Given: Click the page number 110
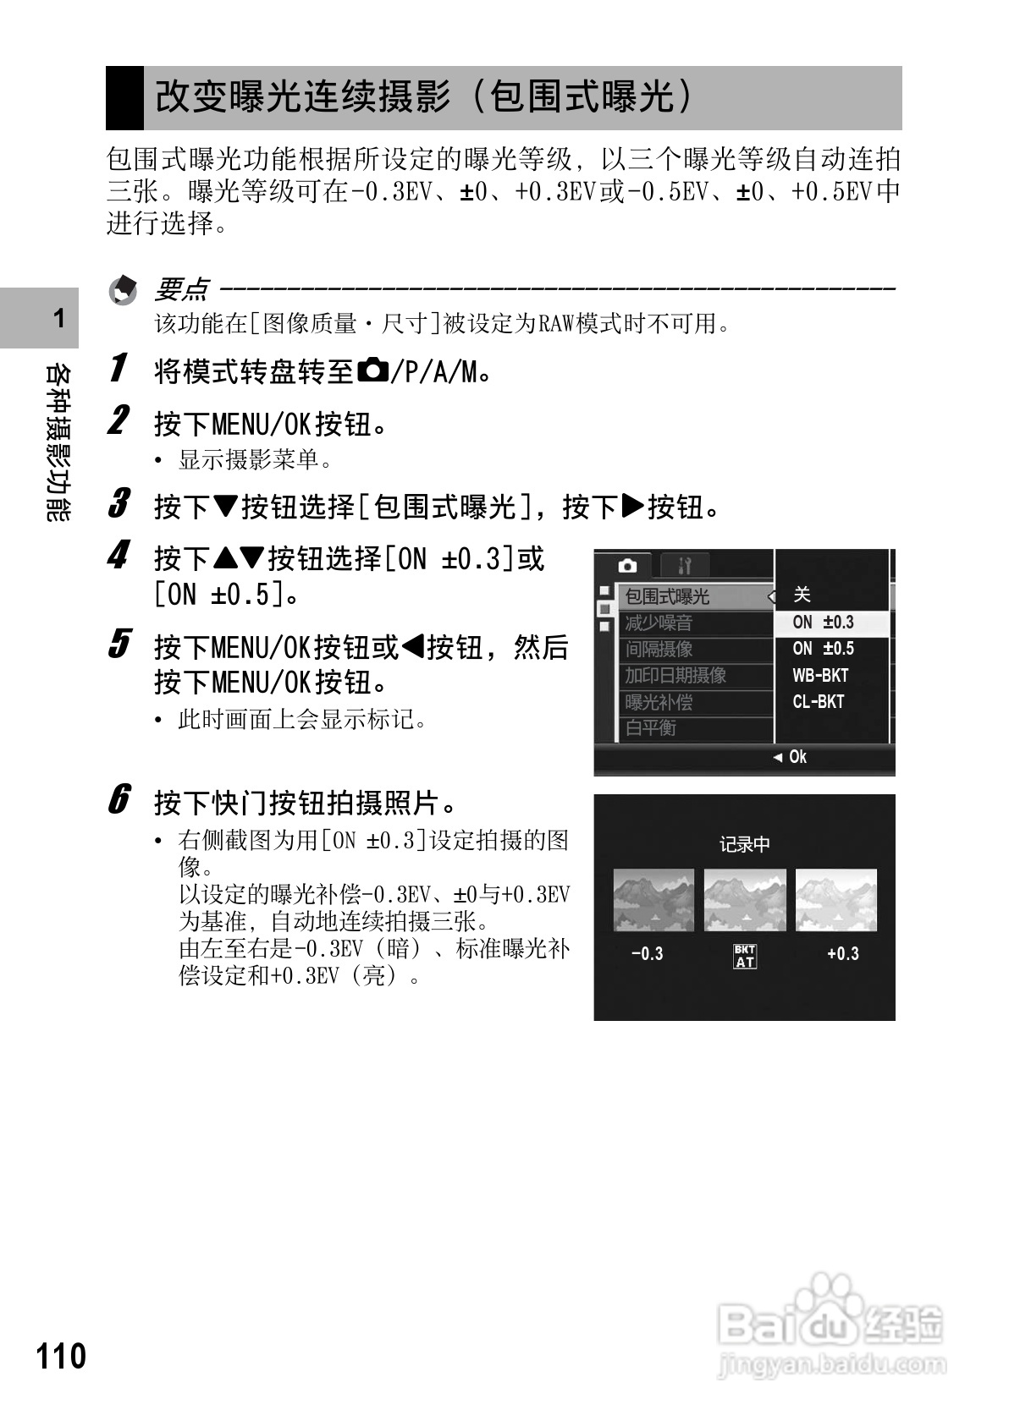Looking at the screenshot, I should click(61, 1356).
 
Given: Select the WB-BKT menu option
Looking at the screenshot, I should click(819, 676).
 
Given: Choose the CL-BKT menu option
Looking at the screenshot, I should click(818, 702).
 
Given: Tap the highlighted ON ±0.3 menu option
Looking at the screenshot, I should click(823, 623).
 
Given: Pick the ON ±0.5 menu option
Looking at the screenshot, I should click(823, 650).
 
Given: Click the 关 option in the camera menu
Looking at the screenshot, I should click(802, 595).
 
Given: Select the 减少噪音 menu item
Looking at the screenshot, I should click(659, 623).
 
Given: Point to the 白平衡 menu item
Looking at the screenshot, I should click(650, 728).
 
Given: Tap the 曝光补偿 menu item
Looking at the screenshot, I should click(659, 702).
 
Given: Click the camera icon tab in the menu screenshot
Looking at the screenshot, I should click(627, 565).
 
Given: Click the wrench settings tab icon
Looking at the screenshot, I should click(684, 565).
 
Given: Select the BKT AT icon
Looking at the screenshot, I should click(745, 956).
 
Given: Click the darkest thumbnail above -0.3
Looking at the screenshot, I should click(653, 900).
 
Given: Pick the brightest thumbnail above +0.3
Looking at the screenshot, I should click(836, 900).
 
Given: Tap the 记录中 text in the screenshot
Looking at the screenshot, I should click(745, 844).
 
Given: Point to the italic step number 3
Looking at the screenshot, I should click(120, 504).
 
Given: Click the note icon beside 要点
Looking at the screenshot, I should click(124, 291).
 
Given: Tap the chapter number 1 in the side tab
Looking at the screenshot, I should click(58, 319).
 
